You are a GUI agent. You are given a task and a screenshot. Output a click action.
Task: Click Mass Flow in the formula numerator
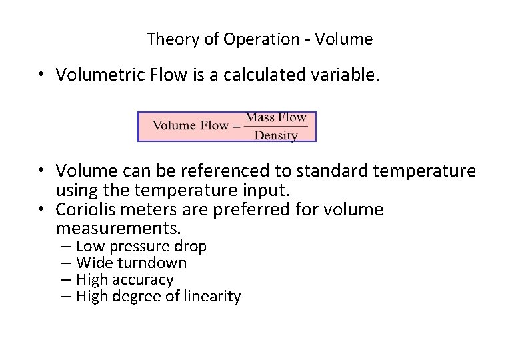[275, 118]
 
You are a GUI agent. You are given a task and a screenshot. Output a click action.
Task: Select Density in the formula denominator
[275, 135]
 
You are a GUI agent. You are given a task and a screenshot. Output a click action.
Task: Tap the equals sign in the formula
[236, 126]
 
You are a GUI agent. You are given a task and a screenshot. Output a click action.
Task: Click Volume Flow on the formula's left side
[191, 126]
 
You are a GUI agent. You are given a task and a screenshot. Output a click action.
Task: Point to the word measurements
[118, 229]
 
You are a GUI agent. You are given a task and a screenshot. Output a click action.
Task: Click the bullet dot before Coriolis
[41, 210]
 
